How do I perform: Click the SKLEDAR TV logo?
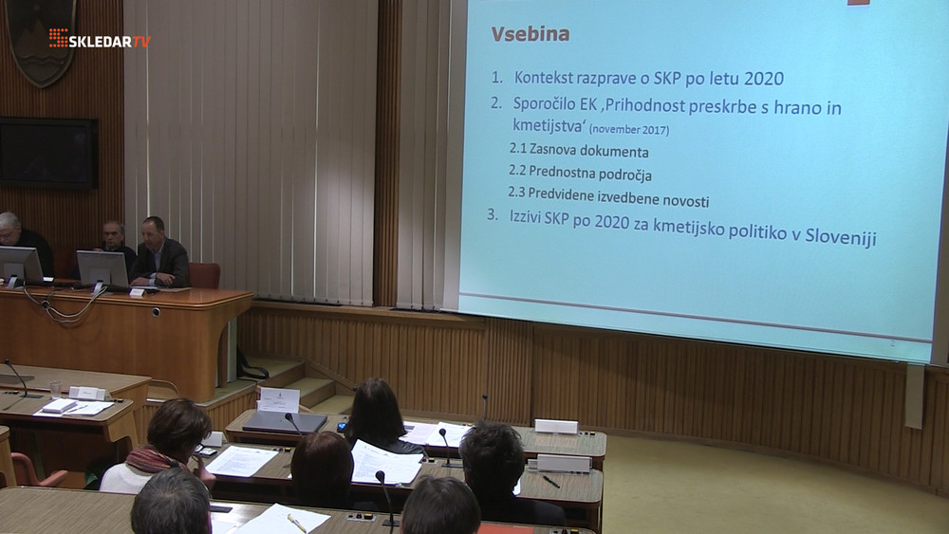point(100,39)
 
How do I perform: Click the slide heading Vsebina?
point(530,34)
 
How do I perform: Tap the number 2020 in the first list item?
point(764,79)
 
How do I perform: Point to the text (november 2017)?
point(629,129)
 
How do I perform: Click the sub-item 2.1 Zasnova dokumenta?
point(579,150)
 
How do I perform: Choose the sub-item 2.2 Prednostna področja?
point(580,173)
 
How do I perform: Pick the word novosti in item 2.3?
point(686,199)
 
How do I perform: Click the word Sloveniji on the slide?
point(841,236)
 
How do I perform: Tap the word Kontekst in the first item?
point(544,78)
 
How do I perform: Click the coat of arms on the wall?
point(41,40)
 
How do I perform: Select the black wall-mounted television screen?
point(47,153)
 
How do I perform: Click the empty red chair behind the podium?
point(204,275)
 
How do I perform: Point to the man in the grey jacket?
point(159,253)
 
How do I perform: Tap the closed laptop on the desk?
point(285,422)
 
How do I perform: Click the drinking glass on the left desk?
point(55,389)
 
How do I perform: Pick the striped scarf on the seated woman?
point(153,460)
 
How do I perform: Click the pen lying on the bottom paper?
point(296,523)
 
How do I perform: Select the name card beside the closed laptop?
point(278,399)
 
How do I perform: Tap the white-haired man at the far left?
point(22,239)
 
